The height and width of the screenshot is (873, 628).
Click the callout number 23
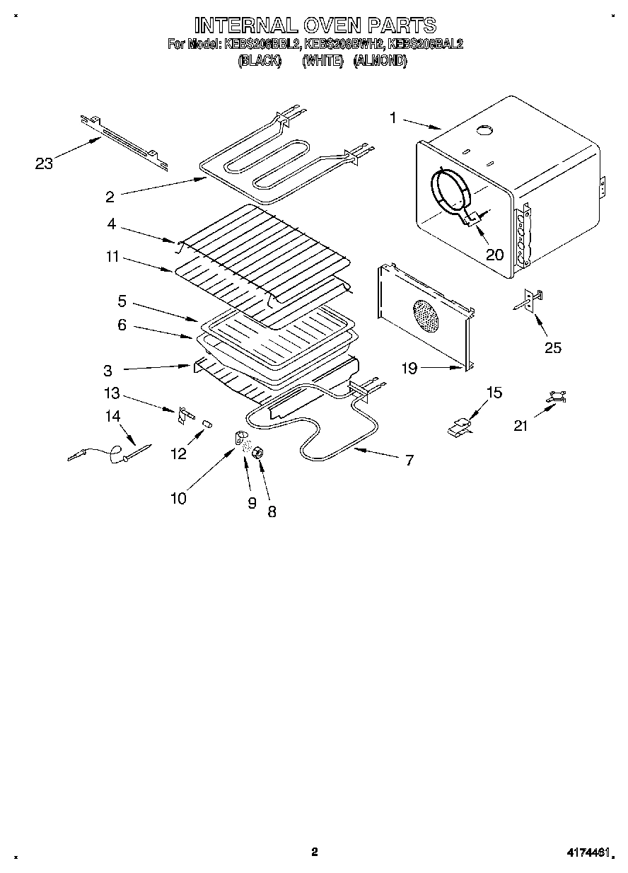44,164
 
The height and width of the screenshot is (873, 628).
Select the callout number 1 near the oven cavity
393,117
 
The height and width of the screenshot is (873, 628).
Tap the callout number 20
495,253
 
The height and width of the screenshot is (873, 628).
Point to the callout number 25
553,347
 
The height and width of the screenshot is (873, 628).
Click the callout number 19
409,368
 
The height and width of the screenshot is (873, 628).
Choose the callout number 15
494,393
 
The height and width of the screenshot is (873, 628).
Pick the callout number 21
521,425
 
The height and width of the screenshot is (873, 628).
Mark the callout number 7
409,459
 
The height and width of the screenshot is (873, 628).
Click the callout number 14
113,416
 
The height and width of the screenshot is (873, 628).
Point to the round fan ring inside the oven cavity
450,190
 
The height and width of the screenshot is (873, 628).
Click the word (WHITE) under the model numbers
322,62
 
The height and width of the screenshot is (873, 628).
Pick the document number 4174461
587,853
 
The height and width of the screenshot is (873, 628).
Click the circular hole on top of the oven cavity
484,129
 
